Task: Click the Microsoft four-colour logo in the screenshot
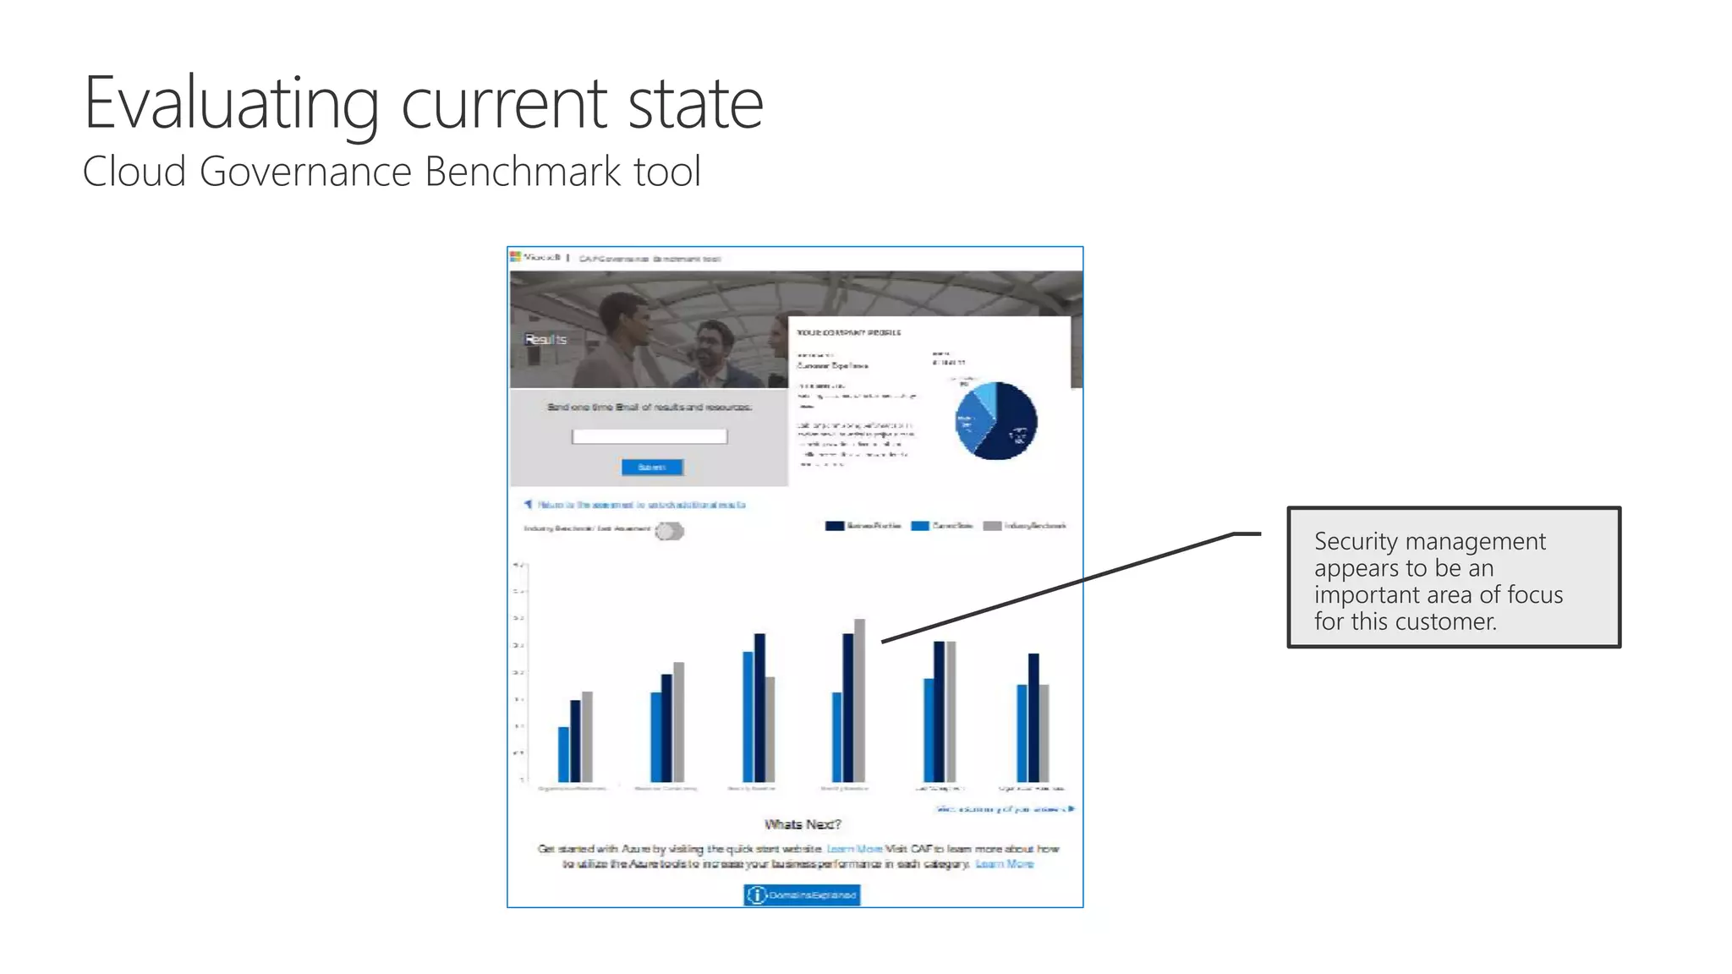(x=515, y=257)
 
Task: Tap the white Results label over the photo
(x=545, y=339)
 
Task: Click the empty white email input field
(x=649, y=436)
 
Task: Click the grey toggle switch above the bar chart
(x=669, y=531)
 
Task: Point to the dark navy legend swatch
(x=834, y=526)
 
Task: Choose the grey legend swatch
(x=992, y=526)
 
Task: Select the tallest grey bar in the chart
(x=859, y=700)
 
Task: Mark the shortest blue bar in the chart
(x=564, y=754)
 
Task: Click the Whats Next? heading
(x=803, y=824)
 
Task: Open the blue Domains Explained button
(x=802, y=895)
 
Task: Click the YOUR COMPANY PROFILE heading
(x=848, y=332)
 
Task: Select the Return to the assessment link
(x=640, y=505)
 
